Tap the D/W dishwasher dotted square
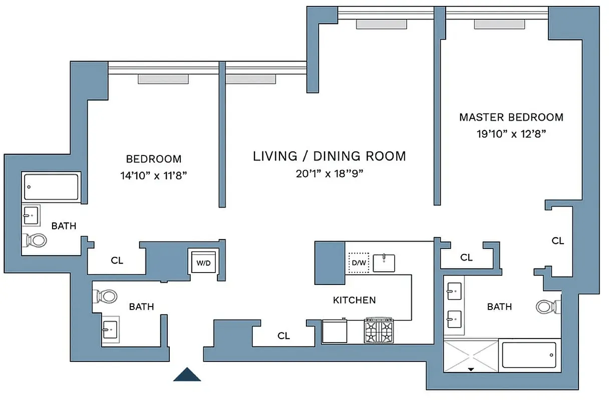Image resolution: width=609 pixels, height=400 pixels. point(359,262)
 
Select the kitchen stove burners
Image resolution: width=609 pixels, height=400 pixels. point(379,331)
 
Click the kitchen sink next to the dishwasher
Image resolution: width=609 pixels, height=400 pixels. point(384,262)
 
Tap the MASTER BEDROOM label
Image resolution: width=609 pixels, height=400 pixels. point(511,117)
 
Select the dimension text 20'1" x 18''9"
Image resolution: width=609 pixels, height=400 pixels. point(329,174)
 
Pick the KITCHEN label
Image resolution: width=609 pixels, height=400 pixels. point(354,300)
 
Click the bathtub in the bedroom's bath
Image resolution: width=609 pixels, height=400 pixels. point(51,187)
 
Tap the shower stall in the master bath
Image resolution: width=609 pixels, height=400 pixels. point(471,355)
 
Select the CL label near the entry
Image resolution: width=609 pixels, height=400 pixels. point(283,336)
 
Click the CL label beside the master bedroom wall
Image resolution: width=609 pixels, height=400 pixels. point(557,240)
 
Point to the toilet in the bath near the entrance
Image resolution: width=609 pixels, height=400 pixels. point(106,296)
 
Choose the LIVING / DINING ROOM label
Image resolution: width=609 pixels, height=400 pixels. point(329,156)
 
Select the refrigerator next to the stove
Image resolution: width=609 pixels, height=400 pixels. point(334,331)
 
